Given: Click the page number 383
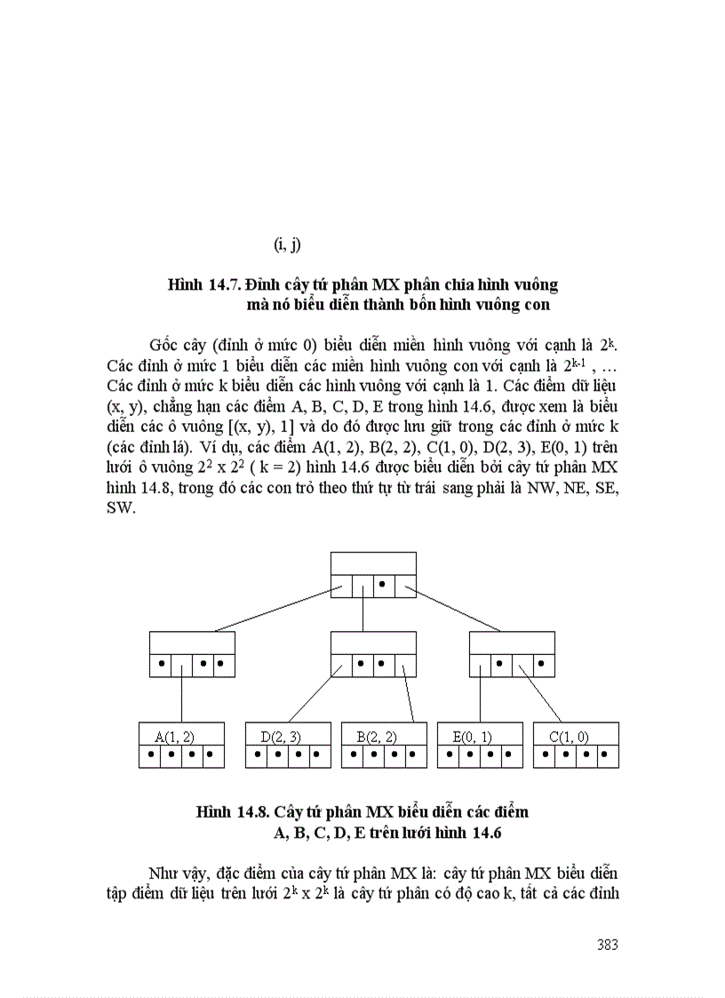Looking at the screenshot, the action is [x=608, y=945].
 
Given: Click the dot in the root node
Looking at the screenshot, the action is [x=382, y=584].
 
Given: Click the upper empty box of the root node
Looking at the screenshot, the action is [x=373, y=563].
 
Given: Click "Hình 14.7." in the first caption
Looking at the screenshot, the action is [x=204, y=285].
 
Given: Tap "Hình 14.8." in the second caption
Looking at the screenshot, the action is [x=233, y=812].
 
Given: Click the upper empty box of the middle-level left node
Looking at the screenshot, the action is [x=192, y=643].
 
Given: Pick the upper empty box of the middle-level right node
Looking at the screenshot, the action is [x=512, y=643].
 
